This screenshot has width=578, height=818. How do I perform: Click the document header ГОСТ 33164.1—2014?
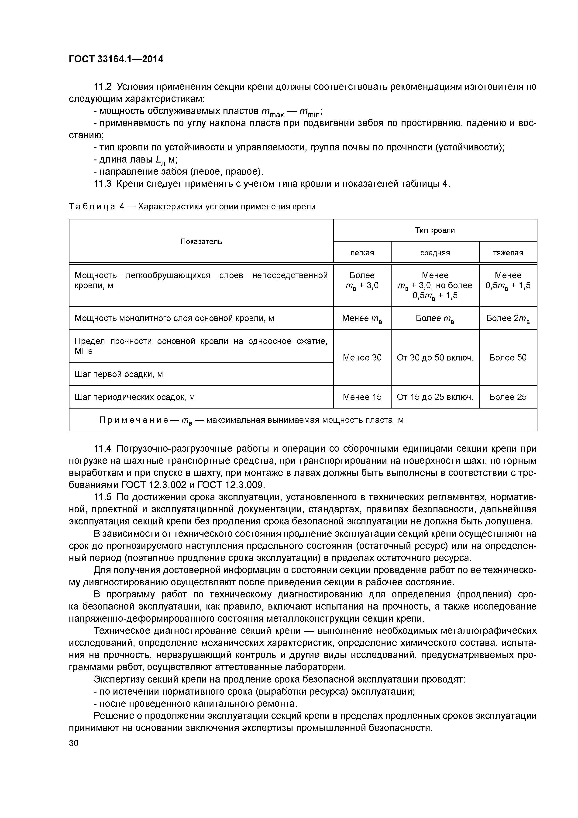[116, 59]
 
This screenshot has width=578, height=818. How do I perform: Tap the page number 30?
[74, 743]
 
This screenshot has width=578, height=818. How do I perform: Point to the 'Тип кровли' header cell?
[435, 230]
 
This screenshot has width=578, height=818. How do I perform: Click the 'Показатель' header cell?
[201, 242]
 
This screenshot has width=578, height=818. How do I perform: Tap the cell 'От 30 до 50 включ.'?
[435, 357]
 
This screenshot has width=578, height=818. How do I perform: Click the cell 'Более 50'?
[508, 357]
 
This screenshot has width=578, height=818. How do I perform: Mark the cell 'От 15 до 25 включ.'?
[435, 397]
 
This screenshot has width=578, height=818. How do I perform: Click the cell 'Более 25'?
[508, 397]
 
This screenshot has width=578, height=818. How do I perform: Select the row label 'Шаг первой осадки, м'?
[119, 374]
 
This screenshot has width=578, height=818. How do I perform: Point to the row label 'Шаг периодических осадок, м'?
[135, 397]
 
